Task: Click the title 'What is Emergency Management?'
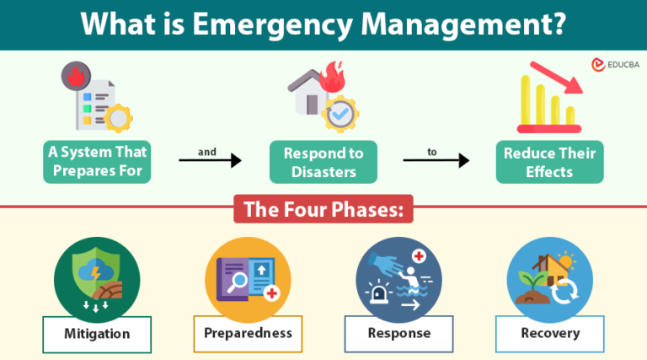(323, 24)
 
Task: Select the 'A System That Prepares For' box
(97, 162)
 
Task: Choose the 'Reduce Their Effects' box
(548, 162)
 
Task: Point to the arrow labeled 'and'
(210, 159)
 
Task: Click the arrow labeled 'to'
(436, 159)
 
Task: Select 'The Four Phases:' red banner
(323, 209)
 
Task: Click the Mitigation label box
(97, 334)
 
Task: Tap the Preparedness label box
(248, 333)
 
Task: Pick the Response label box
(398, 333)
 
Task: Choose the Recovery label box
(549, 333)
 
